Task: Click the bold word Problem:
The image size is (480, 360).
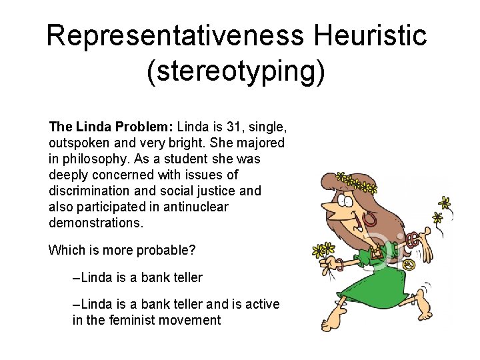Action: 141,127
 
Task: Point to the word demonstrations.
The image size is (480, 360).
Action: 96,223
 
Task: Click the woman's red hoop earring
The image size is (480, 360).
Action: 368,220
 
